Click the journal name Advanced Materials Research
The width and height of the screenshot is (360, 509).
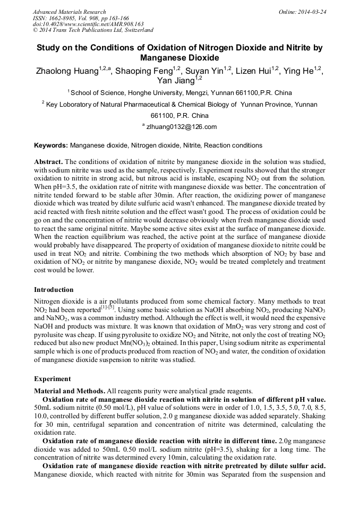[x=69, y=12]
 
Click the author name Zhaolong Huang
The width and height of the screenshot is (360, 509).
[x=66, y=71]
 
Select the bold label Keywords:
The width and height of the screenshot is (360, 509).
[x=51, y=145]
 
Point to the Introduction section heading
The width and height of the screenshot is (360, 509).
[x=54, y=290]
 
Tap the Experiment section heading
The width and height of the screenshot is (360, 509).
[x=52, y=379]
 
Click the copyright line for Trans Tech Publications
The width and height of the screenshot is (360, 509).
[x=93, y=30]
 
